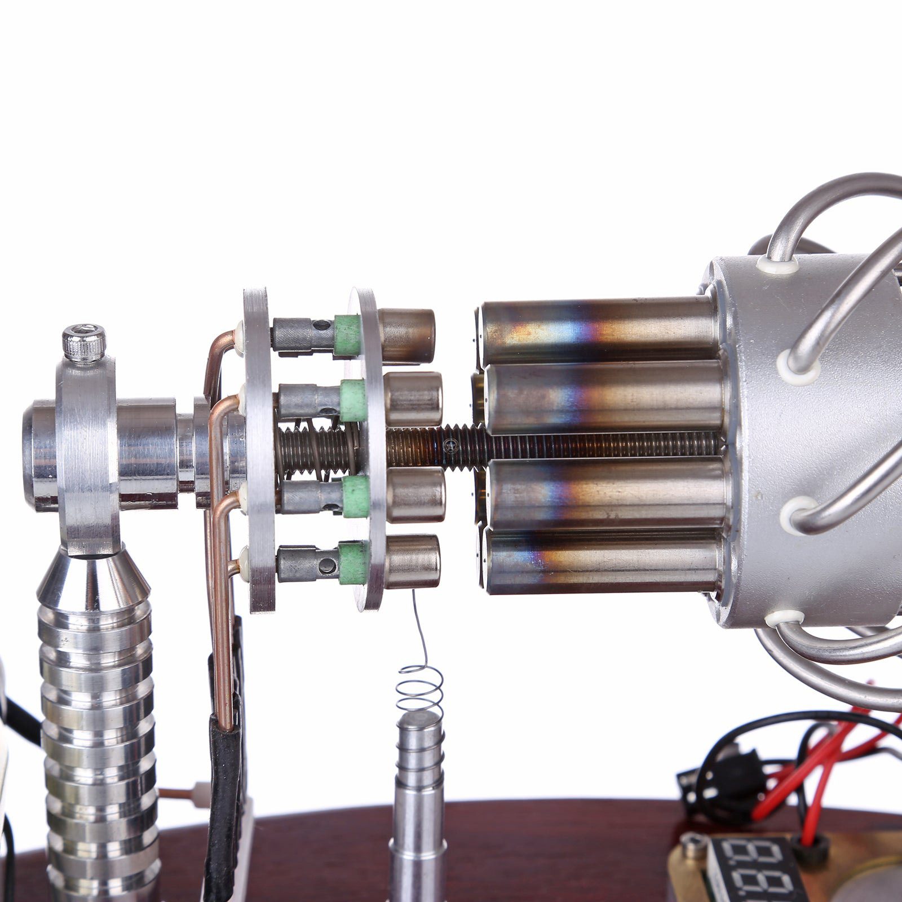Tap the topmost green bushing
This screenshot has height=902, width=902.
(x=347, y=336)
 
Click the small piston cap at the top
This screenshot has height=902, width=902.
(x=407, y=335)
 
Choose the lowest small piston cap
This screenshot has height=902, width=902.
(x=413, y=561)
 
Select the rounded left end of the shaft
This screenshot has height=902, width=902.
(x=34, y=454)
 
